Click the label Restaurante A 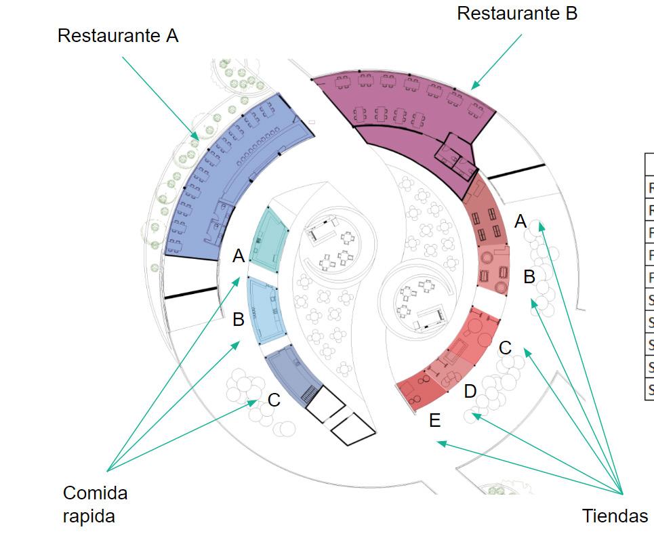[117, 36]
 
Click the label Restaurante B [516, 13]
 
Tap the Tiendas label [614, 516]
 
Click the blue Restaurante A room [224, 183]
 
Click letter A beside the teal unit [239, 256]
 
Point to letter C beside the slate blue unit [274, 400]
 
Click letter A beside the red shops [520, 222]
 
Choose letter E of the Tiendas [434, 421]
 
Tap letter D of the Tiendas [470, 391]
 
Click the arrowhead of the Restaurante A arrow [197, 138]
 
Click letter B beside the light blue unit [239, 319]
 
